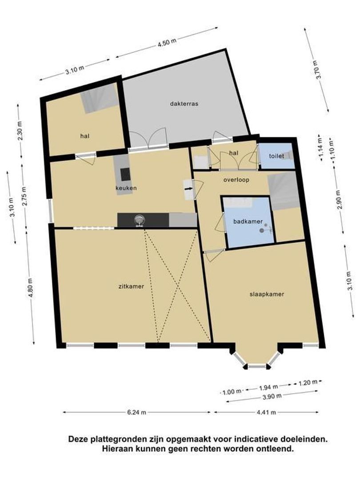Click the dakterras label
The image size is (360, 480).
[184, 104]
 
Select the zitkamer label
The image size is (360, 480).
[131, 287]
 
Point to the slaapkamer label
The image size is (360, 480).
[266, 294]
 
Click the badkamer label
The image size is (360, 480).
[248, 221]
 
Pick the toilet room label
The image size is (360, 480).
[276, 156]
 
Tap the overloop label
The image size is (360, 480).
[236, 180]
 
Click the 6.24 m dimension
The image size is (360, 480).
[137, 412]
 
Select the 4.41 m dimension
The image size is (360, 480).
[266, 412]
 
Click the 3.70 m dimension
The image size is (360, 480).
[317, 70]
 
